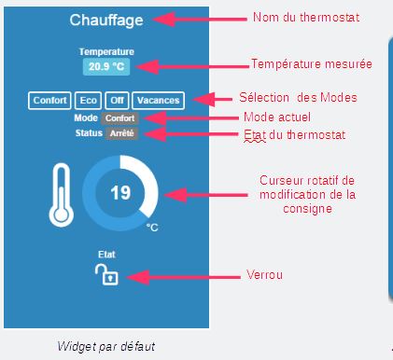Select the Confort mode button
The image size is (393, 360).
(49, 101)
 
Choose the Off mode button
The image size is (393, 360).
(117, 101)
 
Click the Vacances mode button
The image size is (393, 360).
(158, 101)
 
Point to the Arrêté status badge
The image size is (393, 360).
(121, 133)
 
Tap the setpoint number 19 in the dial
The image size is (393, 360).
(120, 193)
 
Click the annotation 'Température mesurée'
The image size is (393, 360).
(312, 64)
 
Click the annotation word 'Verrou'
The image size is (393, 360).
(263, 275)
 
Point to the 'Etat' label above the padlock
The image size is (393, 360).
(106, 253)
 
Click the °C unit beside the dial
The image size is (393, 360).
(151, 227)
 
